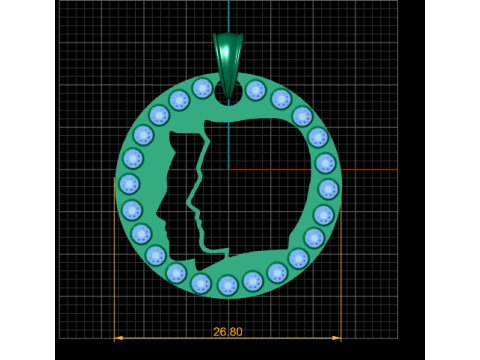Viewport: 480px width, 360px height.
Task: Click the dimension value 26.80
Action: [x=228, y=332]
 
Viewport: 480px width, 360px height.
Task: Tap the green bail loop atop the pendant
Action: [x=228, y=63]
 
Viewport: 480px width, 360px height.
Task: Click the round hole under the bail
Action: [x=228, y=94]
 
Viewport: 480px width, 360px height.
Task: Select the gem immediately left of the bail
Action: [x=202, y=88]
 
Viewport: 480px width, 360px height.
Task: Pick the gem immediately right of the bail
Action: [x=256, y=90]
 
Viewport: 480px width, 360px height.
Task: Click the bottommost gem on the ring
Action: [x=228, y=286]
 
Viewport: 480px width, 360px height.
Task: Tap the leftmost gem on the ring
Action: [x=129, y=184]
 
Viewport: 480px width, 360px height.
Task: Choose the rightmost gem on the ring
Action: [x=328, y=189]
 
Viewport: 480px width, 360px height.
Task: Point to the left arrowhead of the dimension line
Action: [x=118, y=338]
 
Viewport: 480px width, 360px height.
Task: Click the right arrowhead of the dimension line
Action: [x=337, y=338]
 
